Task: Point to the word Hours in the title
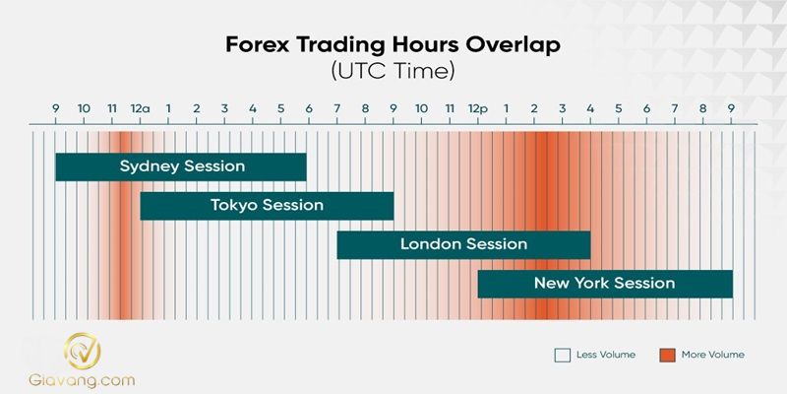(x=429, y=46)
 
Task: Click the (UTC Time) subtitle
(x=393, y=72)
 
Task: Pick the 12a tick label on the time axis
(x=140, y=107)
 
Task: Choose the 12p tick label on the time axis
(x=477, y=107)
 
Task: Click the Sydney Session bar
(x=181, y=166)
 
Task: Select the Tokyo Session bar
(x=267, y=206)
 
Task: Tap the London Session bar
(x=463, y=244)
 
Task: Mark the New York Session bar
(x=605, y=284)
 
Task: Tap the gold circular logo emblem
(x=83, y=351)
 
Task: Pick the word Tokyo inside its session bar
(x=233, y=206)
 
